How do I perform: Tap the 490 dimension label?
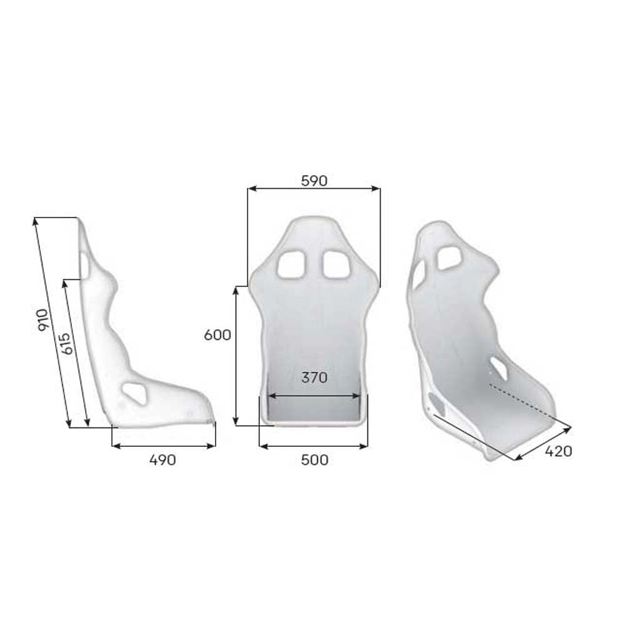tap(162, 461)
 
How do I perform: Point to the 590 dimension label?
tap(314, 181)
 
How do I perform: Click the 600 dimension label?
tap(217, 335)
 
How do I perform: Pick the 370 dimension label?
tap(314, 377)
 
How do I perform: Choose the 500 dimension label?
tap(314, 461)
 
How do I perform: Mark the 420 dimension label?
tap(558, 451)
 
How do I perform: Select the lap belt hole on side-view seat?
tap(134, 392)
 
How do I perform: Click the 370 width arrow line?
tap(314, 395)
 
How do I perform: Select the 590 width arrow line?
tap(314, 188)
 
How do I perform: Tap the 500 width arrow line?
tap(313, 446)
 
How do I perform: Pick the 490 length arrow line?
tap(164, 446)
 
